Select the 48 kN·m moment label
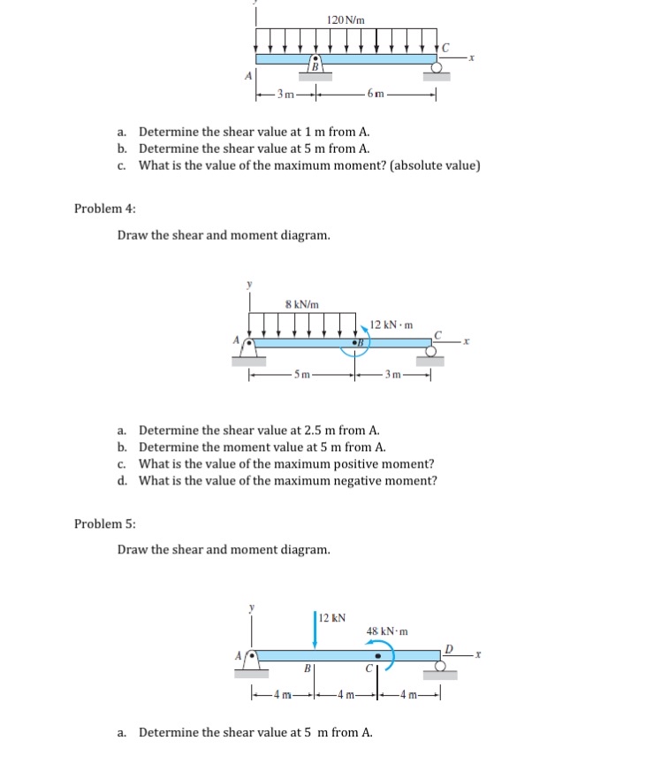pos(386,631)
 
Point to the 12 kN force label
pos(333,617)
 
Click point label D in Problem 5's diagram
pos(448,647)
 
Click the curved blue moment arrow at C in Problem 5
pos(386,656)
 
